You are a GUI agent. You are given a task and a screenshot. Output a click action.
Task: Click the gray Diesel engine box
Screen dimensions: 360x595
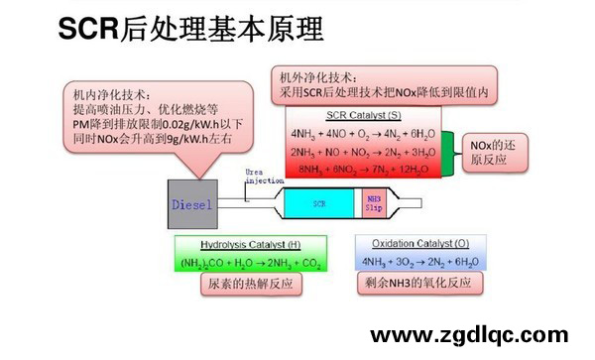[x=192, y=205]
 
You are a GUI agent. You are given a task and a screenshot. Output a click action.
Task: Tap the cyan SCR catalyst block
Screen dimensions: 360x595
[x=318, y=203]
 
